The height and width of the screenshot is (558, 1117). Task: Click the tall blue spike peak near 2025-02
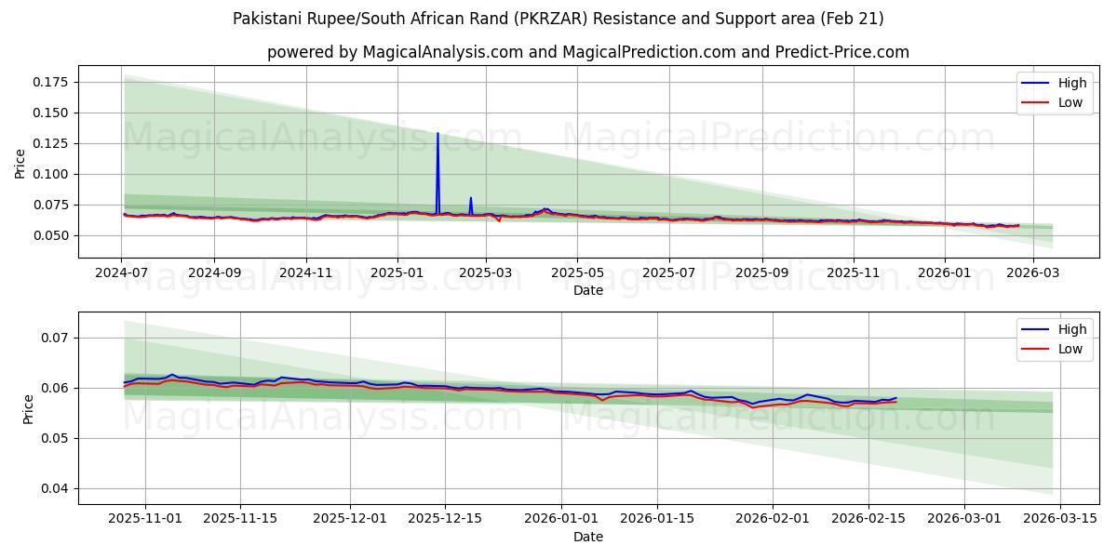pos(437,134)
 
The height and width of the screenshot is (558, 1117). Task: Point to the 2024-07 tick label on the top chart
pos(122,273)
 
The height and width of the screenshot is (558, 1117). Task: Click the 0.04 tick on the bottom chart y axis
pos(57,488)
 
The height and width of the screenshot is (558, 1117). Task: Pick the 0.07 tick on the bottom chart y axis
pos(57,338)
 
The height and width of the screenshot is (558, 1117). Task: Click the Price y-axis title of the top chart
pos(20,164)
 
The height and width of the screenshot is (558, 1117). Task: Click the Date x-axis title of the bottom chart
pos(587,537)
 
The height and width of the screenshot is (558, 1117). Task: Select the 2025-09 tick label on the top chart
pos(761,273)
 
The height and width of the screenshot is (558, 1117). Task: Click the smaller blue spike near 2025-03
pos(471,198)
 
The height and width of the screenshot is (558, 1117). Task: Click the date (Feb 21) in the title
pos(851,19)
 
